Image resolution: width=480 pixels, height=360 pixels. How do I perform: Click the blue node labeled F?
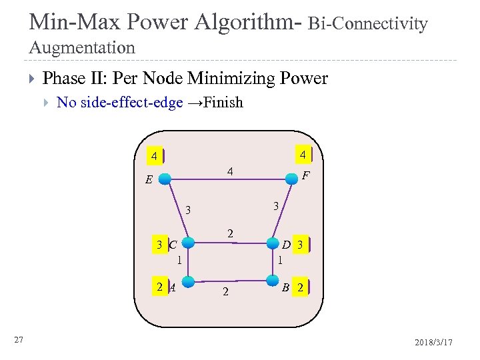click(x=291, y=178)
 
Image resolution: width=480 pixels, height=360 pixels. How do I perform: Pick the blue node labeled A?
click(x=189, y=281)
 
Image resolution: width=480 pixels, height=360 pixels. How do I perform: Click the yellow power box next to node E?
click(x=155, y=157)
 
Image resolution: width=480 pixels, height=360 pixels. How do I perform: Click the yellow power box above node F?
click(x=303, y=155)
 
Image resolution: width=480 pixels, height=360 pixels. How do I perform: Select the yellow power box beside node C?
click(x=159, y=245)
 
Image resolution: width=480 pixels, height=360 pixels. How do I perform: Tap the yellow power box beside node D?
click(x=301, y=245)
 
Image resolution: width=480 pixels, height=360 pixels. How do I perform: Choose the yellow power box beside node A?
click(x=159, y=287)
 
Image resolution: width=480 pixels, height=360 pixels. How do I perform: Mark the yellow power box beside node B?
click(x=301, y=289)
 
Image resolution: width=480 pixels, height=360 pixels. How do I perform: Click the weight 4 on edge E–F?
click(x=229, y=171)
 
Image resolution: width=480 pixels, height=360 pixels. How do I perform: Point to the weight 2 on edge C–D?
click(x=230, y=234)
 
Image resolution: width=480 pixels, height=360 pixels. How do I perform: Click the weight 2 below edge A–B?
click(x=225, y=292)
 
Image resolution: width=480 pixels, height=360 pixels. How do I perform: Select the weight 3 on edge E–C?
click(x=189, y=211)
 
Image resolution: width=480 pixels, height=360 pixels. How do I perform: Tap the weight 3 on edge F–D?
click(x=275, y=207)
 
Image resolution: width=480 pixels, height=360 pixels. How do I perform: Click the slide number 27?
click(x=19, y=340)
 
